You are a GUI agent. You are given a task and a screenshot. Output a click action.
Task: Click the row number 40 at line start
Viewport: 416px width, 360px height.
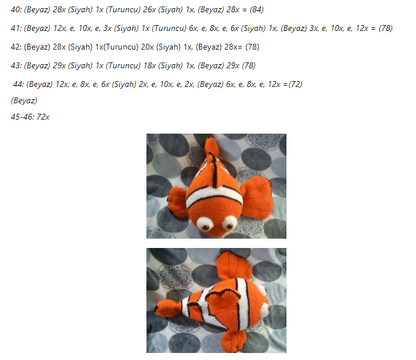point(15,10)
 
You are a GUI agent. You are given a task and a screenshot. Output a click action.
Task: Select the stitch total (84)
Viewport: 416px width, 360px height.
point(257,10)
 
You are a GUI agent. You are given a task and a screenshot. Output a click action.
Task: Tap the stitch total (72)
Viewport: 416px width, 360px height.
point(295,85)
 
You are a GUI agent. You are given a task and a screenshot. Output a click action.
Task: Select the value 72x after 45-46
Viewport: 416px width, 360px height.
point(43,117)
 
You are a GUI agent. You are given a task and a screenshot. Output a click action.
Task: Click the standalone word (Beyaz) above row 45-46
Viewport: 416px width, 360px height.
point(24,101)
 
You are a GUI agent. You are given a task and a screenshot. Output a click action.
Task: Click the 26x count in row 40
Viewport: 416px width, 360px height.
point(149,10)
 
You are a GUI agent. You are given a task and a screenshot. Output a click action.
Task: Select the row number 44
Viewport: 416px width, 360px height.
point(18,85)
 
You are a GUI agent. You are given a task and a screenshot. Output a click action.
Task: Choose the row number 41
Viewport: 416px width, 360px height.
point(15,29)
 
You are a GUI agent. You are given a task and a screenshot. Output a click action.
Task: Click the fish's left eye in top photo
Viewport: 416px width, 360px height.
point(205,224)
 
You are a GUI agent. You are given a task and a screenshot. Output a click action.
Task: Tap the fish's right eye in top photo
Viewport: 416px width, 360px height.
point(229,223)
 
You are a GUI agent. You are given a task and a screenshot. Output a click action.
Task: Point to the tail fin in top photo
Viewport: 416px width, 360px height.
point(212,148)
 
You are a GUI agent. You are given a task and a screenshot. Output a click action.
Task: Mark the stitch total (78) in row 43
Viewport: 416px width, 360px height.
point(249,66)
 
